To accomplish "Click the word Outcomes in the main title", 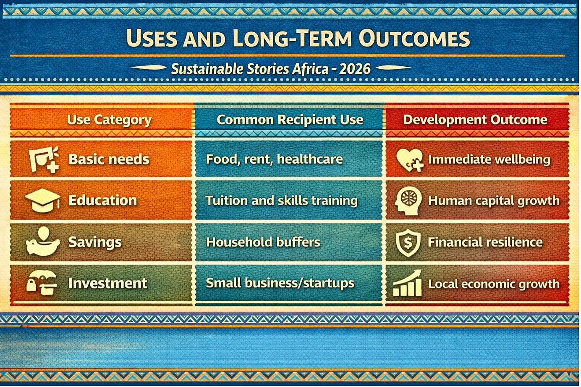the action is [x=414, y=38].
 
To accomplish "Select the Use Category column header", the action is [x=110, y=120].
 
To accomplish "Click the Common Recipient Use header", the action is [x=290, y=120].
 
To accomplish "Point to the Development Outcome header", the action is [x=475, y=120].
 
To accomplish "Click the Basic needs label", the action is [x=109, y=159].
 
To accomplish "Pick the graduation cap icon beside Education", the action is [x=43, y=200].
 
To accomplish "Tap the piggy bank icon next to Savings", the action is [x=43, y=241].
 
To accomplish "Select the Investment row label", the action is [x=107, y=283].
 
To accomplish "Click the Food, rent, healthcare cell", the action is [x=275, y=159].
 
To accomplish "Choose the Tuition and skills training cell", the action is [x=282, y=201].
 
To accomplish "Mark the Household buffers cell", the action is [x=263, y=242].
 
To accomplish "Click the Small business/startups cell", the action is [x=280, y=283].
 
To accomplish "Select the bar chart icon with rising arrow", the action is [x=408, y=283].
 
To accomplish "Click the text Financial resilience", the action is [x=485, y=242].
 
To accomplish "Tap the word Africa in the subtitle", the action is [x=311, y=69].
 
